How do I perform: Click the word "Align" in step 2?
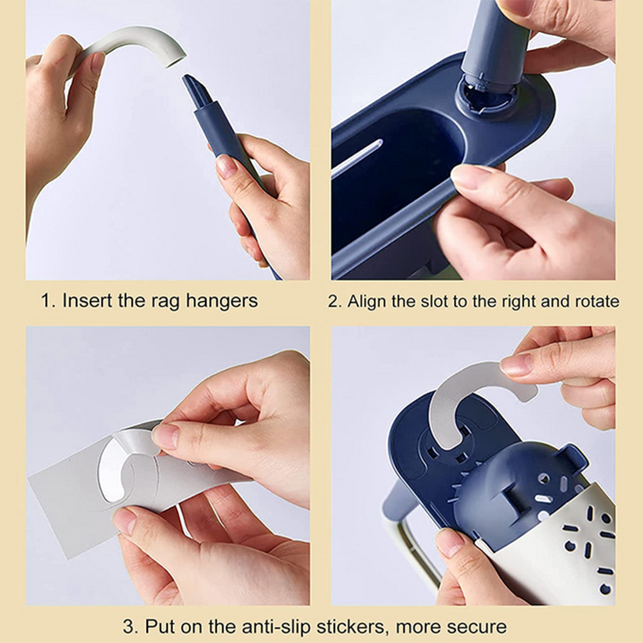367,302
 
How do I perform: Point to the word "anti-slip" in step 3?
276,626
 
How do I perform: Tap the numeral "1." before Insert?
48,300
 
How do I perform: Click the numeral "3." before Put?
131,626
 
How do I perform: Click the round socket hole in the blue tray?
486,97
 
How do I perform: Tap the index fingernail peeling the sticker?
165,435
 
